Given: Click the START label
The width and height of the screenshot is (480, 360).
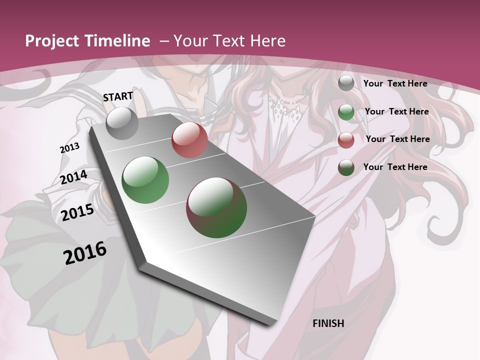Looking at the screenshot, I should [x=118, y=96].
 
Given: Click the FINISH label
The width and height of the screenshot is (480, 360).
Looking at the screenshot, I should [x=328, y=323].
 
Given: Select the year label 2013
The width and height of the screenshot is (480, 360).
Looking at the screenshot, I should [x=70, y=148].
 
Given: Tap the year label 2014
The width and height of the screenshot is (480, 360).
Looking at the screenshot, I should [x=74, y=177].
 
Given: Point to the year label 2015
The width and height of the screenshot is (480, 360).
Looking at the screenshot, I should [x=77, y=212].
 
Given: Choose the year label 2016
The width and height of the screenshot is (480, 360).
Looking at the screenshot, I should [x=85, y=253].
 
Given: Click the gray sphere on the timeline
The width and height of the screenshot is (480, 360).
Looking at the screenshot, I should [x=122, y=123].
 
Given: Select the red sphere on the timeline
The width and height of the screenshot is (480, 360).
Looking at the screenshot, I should [x=189, y=140].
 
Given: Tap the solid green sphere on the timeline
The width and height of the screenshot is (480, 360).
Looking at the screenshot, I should [x=145, y=180].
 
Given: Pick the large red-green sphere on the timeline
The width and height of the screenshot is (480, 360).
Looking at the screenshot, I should [x=216, y=207].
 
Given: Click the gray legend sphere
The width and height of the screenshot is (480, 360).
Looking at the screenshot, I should [x=346, y=83].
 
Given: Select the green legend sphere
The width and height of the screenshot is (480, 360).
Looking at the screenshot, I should [x=346, y=112].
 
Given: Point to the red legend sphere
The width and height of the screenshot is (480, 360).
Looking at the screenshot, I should [x=346, y=140].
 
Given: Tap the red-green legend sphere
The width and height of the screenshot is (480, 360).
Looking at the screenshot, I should [x=346, y=167].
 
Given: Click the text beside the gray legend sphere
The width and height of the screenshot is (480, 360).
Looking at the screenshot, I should [x=395, y=83].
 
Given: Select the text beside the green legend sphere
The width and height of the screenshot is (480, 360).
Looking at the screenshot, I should [x=396, y=111].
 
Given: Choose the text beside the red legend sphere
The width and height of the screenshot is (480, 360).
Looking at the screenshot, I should [x=397, y=139].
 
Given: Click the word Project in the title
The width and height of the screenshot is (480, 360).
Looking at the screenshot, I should [x=51, y=41].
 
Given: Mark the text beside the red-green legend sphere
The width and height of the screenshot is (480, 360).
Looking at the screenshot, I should [x=395, y=167].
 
